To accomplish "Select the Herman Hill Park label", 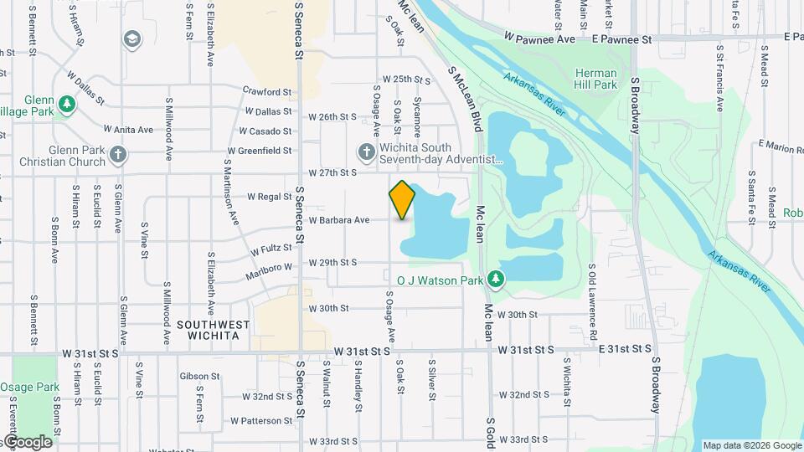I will tap(595, 79).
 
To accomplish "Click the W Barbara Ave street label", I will tap(339, 220).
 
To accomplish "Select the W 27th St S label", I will tap(332, 172).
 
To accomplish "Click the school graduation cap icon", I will tap(131, 39).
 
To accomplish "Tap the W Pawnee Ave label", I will tap(539, 39).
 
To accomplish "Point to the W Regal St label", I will tap(268, 197).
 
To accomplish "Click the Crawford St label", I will tap(266, 91).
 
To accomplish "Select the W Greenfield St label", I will tap(259, 151).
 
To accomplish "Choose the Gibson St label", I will tap(199, 377).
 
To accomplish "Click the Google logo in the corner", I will tap(28, 442).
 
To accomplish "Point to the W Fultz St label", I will tap(271, 249).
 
